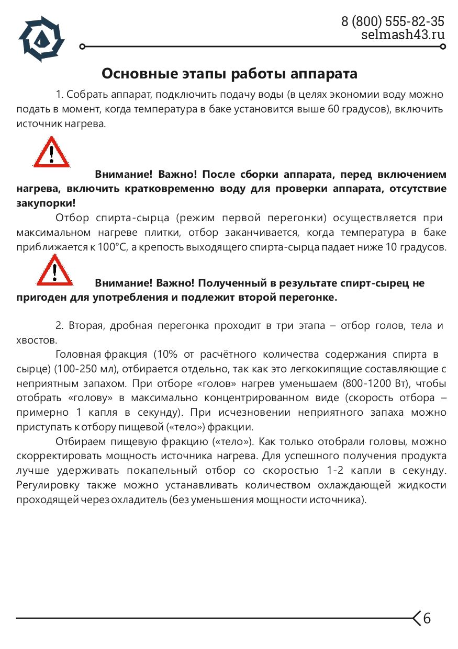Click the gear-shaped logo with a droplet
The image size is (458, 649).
coord(41,39)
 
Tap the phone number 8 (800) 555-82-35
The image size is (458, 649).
coord(393,21)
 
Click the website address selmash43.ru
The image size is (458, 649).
coord(403,35)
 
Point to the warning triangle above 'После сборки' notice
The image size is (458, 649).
coord(51,153)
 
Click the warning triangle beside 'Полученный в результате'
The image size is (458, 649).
coord(54,271)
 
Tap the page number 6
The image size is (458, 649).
coord(427,619)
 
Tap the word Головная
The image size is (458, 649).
coord(77,355)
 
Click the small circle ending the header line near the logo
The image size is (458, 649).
coord(82,47)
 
